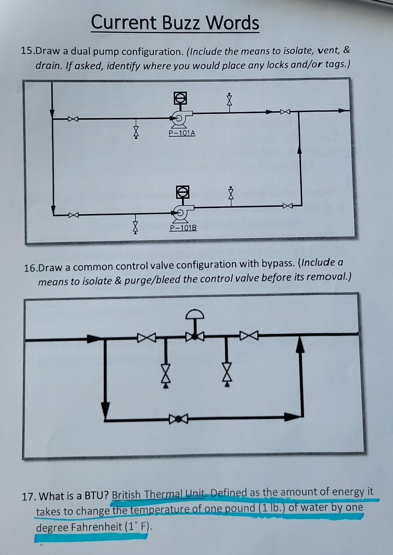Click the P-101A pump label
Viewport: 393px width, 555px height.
(182, 133)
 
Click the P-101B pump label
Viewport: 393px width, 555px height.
(183, 228)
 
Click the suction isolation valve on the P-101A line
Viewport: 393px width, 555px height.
(73, 118)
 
